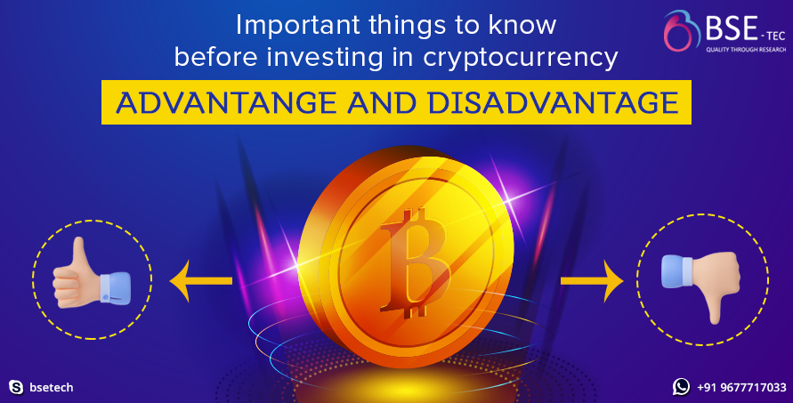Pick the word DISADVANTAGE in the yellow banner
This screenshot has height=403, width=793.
(x=553, y=104)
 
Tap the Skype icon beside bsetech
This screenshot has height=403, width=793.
(x=15, y=387)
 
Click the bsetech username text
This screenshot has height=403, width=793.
(x=51, y=388)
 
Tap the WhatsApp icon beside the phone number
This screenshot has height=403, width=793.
(x=681, y=387)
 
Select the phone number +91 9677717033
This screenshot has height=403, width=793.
(x=741, y=388)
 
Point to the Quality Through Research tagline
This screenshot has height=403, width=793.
(x=742, y=50)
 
